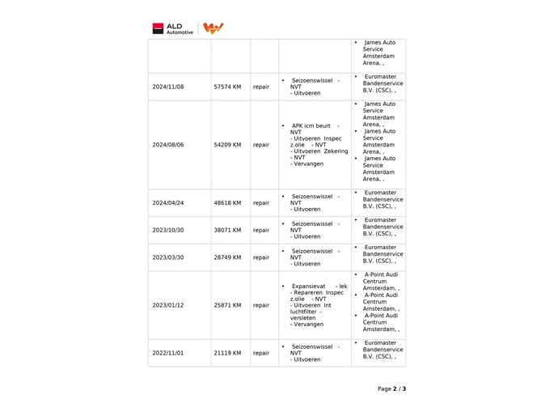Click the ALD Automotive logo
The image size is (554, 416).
coord(172,28)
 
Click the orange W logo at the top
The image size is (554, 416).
coord(213,28)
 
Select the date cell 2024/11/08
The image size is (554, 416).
coord(168,87)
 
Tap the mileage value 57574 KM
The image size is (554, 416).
coord(227,87)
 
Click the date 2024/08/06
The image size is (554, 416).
coord(168,146)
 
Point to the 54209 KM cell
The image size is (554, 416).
coord(227,146)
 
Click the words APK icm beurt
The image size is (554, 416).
coord(311,126)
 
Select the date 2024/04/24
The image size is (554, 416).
coord(168,203)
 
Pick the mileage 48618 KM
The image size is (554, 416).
coord(227,203)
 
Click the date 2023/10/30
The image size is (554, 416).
coord(168,230)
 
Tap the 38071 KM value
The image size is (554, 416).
coord(227,230)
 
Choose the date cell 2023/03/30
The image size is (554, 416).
coord(168,257)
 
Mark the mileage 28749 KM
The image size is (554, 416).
coord(227,257)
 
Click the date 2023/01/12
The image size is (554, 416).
coord(168,306)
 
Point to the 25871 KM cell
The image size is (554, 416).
coord(227,306)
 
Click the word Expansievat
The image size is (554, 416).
coord(309,287)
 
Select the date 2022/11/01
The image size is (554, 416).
coord(168,353)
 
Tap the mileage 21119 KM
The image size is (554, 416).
coord(227,353)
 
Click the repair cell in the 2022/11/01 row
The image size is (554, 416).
coord(261,353)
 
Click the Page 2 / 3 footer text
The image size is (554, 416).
coord(391,388)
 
